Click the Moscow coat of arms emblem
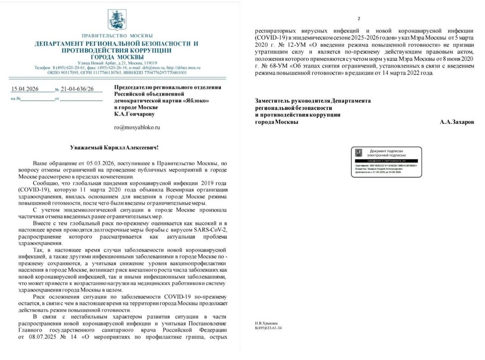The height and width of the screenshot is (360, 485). pos(117,20)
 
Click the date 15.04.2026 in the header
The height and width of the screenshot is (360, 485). pos(25,89)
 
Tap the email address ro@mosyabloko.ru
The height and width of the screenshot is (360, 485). pos(137,127)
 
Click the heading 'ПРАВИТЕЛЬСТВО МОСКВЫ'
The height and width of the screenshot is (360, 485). pos(117,36)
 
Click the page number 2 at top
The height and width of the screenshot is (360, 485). pos(359,19)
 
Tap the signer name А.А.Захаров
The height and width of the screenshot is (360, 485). pos(457,122)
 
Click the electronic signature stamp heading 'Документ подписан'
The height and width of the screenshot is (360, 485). pos(386,151)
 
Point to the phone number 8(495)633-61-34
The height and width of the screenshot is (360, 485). pos(268,328)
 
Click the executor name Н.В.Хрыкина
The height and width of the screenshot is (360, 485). pos(266,323)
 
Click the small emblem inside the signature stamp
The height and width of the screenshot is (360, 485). pos(358,153)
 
